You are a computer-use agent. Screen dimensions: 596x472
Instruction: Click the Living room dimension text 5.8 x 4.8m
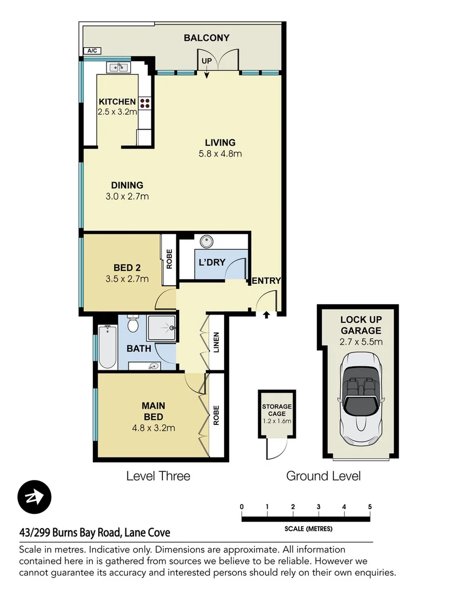pos(220,153)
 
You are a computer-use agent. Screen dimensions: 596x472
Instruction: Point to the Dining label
pos(127,185)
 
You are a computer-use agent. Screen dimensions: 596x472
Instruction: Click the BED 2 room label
pos(127,268)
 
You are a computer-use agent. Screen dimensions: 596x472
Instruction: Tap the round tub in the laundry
pos(207,241)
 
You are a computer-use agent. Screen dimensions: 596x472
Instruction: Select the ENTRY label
pos(267,280)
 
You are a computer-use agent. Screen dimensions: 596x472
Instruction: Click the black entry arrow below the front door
pos(267,315)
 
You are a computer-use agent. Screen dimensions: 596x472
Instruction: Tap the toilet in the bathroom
pos(132,324)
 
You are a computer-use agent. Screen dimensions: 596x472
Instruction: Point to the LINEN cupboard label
pos(216,342)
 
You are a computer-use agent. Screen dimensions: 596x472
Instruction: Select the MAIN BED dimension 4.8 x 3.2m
pos(153,427)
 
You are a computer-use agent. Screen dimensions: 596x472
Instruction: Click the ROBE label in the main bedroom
pos(216,415)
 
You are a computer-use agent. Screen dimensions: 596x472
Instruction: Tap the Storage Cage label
pos(277,410)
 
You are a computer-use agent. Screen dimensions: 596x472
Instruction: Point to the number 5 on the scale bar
pos(369,507)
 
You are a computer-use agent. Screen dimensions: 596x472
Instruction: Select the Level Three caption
pos(158,476)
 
